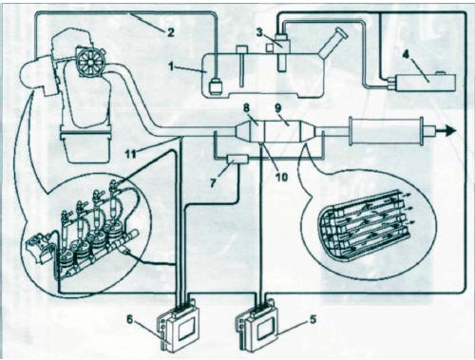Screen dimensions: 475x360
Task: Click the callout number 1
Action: click(171, 66)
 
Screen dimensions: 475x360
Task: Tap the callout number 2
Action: click(170, 32)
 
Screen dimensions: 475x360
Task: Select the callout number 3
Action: click(259, 32)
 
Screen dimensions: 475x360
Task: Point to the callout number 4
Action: click(406, 54)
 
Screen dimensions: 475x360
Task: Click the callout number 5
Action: click(312, 319)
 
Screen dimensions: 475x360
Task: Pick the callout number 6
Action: click(130, 319)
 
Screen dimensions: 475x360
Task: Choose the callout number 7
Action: click(213, 182)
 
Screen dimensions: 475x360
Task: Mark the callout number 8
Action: click(247, 109)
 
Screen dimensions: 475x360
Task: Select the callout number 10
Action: click(281, 177)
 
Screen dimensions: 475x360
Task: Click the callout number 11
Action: click(131, 154)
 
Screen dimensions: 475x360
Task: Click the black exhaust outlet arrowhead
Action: click(450, 131)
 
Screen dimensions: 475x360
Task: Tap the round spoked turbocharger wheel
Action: click(90, 62)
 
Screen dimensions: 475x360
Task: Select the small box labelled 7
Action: click(237, 159)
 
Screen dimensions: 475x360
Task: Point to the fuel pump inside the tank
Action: click(217, 85)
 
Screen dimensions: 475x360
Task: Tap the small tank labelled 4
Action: click(423, 82)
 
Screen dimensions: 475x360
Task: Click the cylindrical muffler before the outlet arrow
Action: click(387, 131)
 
